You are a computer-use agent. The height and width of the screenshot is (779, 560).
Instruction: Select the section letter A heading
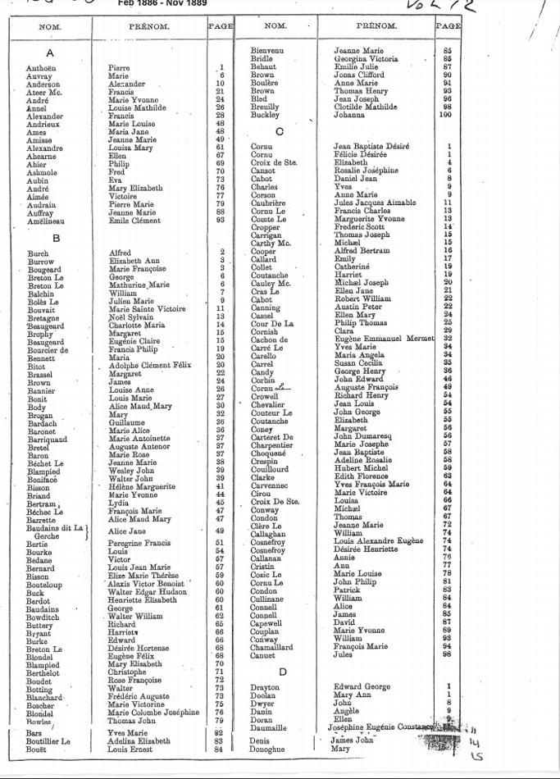50,53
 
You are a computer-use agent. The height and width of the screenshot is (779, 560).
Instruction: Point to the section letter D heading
281,672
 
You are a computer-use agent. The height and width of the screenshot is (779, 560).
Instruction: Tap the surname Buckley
266,116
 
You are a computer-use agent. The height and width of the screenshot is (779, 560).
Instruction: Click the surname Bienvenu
267,52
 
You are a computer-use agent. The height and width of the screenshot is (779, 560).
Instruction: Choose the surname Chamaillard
272,646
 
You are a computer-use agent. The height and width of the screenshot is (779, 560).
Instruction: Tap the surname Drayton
265,687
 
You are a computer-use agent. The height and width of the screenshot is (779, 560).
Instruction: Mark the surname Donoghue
269,749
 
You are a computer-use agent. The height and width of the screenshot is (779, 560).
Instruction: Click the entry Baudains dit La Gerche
55,531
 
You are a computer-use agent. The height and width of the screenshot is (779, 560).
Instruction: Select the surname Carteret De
271,436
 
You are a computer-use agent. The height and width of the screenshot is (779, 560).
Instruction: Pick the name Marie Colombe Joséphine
153,712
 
